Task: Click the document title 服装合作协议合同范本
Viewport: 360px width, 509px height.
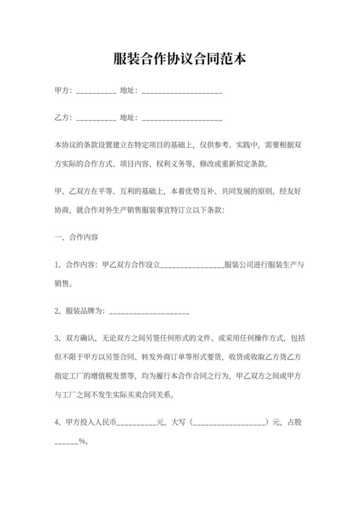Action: click(x=180, y=60)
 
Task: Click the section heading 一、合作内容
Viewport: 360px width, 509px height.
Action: click(x=76, y=237)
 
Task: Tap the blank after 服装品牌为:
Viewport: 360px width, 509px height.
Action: click(x=150, y=313)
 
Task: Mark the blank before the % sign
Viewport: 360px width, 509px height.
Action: click(x=66, y=443)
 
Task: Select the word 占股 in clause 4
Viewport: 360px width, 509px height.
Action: click(x=295, y=422)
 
